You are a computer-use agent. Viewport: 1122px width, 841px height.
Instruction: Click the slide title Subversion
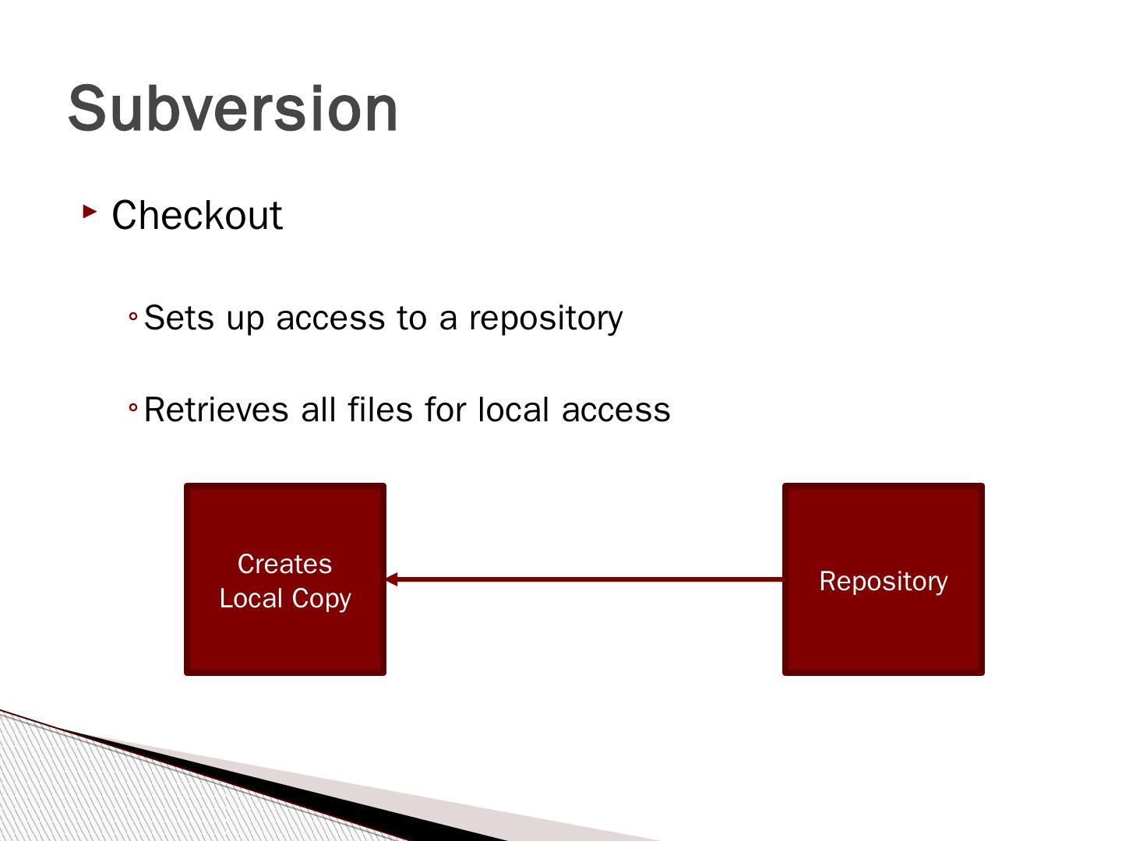[233, 108]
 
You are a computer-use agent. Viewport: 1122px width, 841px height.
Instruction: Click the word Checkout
[196, 216]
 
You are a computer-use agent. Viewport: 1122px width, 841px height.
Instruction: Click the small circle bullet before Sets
[133, 317]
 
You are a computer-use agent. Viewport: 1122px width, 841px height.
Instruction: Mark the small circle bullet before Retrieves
[133, 408]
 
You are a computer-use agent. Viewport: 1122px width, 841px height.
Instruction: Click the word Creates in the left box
[284, 564]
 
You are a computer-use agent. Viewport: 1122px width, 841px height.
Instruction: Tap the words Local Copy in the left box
[284, 598]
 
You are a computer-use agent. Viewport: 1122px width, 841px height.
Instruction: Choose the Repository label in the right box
[883, 581]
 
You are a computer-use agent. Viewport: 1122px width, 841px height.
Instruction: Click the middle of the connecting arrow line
[584, 579]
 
